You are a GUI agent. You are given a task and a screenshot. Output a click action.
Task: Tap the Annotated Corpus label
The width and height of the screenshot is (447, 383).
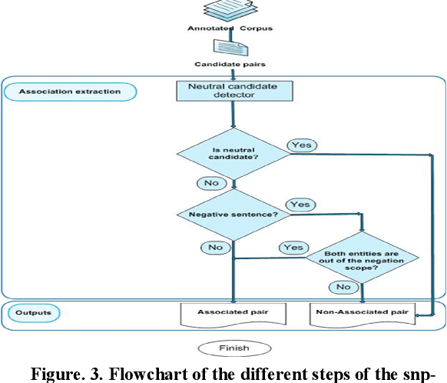(231, 29)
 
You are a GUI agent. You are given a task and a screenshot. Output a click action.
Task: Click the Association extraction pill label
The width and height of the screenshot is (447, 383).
(70, 92)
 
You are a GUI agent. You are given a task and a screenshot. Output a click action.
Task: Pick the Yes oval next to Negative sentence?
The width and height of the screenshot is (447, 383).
(300, 205)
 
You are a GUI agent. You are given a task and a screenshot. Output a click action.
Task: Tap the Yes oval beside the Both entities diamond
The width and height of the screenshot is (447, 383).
(293, 248)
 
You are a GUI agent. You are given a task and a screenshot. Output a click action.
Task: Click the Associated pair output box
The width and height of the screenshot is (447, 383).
(231, 315)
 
